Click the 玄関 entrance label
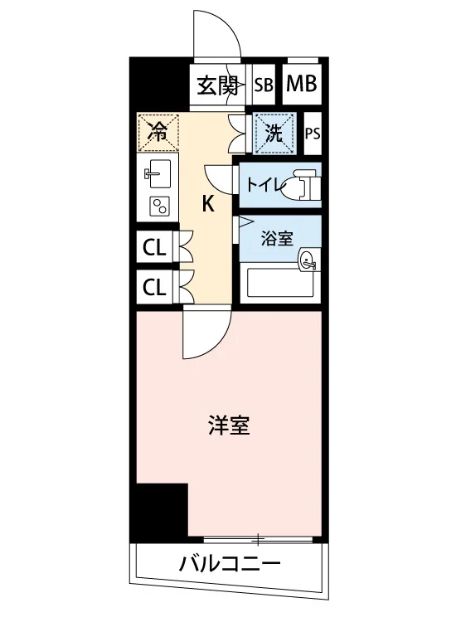218,85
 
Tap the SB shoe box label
264,85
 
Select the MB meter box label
302,84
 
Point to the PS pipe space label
313,134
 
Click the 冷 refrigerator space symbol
158,132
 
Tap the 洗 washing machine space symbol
274,134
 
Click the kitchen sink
158,173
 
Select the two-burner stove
159,207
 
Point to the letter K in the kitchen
209,204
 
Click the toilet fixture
301,184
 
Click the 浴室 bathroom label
277,238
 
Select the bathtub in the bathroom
280,283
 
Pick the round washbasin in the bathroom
308,260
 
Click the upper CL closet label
154,249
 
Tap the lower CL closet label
154,286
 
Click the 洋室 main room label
230,425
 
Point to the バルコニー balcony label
230,563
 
